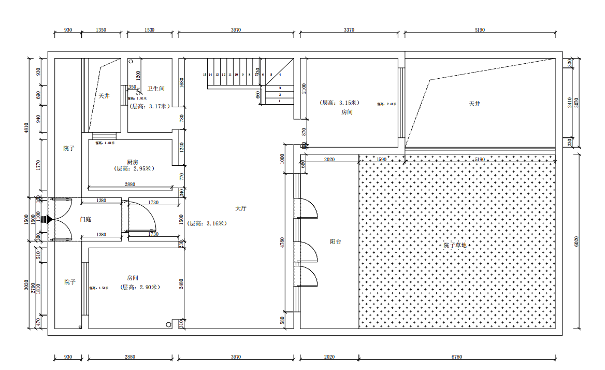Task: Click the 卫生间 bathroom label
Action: coord(155,89)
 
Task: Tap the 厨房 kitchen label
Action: coord(132,162)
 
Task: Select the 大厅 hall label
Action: coord(241,208)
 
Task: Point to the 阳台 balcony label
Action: coord(336,241)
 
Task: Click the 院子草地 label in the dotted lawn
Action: coord(455,245)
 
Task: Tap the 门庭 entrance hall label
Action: coord(85,220)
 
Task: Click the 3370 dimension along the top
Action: coord(349,30)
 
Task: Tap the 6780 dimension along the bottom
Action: coord(457,357)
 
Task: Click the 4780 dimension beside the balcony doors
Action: coord(282,244)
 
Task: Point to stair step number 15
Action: coord(205,75)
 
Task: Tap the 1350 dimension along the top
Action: coord(101,30)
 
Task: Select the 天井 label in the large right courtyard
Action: coord(474,104)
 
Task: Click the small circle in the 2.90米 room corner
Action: coord(169,324)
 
